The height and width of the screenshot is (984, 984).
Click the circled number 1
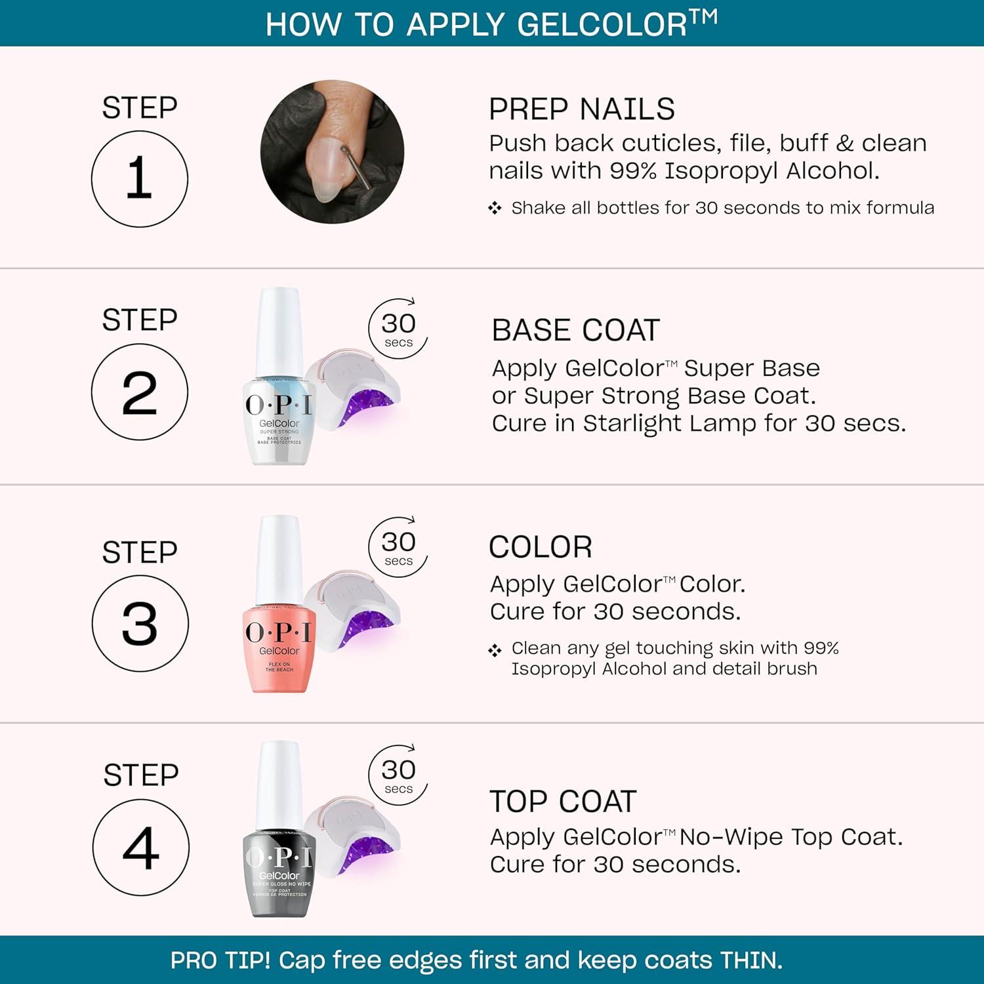(x=139, y=179)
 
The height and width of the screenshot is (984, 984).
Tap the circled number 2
(x=139, y=392)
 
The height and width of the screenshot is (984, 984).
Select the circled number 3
(x=140, y=623)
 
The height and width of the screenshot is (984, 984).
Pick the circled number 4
(x=140, y=848)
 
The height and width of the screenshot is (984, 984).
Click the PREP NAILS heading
(x=581, y=109)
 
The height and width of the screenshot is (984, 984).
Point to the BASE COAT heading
(x=575, y=330)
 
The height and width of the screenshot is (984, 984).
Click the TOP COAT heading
(x=563, y=801)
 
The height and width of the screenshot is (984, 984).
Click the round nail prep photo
(x=332, y=152)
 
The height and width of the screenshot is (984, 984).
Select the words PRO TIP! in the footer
(x=220, y=960)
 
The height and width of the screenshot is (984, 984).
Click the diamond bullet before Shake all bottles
(x=495, y=209)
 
